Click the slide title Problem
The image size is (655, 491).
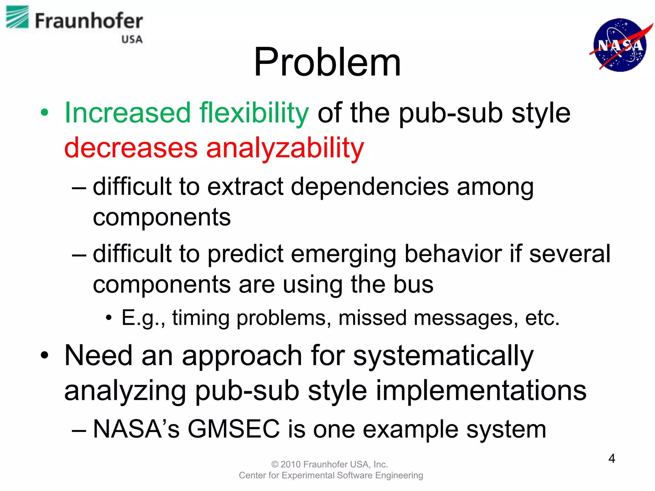coord(327,62)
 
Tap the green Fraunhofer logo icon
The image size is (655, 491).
coord(17,17)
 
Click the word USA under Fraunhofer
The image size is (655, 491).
coord(132,39)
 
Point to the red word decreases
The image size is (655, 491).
coord(131,148)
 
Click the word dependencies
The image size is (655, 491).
coord(370,187)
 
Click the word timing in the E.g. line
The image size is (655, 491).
coord(201,318)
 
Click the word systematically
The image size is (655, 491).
coord(443,356)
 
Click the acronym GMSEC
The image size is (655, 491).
coord(233,429)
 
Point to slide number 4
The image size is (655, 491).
coord(612,459)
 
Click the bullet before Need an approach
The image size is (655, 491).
coord(45,355)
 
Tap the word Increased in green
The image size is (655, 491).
coord(128,113)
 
